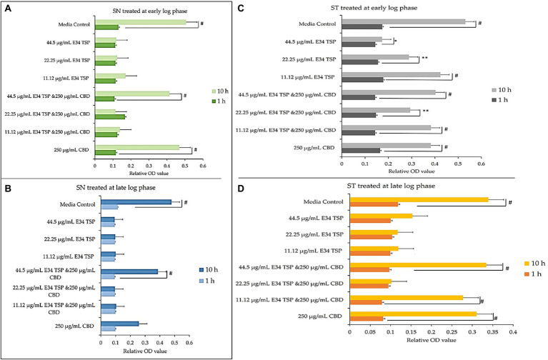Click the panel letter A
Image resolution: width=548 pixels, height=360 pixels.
coord(8,8)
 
